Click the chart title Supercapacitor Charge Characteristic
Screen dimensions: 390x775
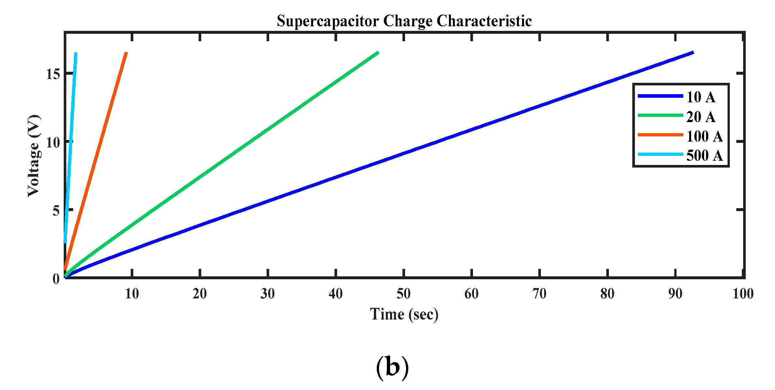tap(404, 21)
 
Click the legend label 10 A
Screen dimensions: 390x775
tap(701, 97)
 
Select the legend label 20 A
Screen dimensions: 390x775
tap(701, 117)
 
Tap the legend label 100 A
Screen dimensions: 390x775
tap(704, 136)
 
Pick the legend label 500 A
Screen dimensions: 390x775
tap(704, 156)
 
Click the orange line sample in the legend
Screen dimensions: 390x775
tap(660, 135)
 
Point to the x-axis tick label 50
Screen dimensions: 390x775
tap(403, 294)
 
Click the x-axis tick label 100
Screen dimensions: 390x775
tap(743, 294)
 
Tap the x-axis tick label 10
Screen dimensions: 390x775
tap(132, 294)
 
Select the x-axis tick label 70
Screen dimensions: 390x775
tap(539, 294)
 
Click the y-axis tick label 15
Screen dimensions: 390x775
tap(53, 74)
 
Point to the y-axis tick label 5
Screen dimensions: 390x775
tap(56, 211)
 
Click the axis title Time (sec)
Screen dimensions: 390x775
tap(404, 314)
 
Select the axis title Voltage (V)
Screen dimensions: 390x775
tap(34, 156)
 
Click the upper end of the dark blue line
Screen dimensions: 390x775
tap(693, 52)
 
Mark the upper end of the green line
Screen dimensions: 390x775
tap(378, 52)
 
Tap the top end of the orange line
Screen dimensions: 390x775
tap(126, 52)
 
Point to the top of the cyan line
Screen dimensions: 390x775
tap(76, 53)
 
